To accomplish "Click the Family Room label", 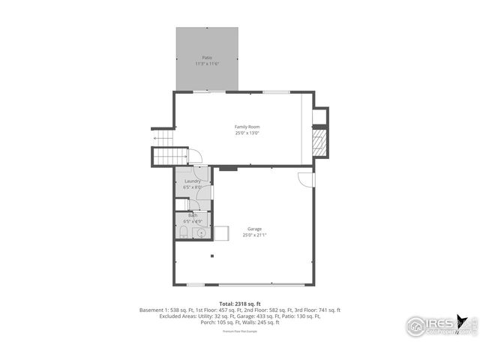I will tap(247, 127).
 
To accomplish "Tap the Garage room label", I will tap(254, 229).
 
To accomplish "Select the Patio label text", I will tap(206, 58).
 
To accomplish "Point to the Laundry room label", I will tap(193, 181).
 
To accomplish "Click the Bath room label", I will tap(193, 215).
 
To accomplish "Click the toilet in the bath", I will tap(182, 235).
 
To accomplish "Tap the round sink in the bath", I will tap(200, 234).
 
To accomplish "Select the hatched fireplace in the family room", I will tap(320, 142).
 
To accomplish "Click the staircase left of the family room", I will tap(169, 156).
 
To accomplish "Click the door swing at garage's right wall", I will tap(304, 180).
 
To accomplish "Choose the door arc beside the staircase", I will tap(194, 156).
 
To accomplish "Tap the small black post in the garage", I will tap(212, 256).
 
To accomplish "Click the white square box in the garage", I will tap(221, 232).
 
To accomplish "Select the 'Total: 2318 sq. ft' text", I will tap(240, 304).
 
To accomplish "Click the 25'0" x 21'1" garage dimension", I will tap(254, 235).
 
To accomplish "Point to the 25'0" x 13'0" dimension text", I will tap(247, 133).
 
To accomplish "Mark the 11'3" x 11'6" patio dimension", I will tap(206, 64).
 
